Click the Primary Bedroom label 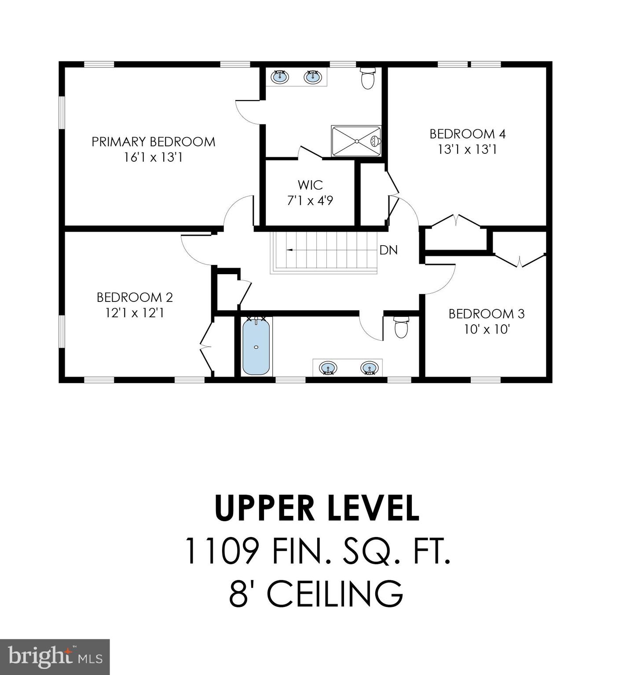pos(153,142)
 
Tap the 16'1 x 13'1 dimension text pos(153,157)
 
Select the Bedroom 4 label pos(467,134)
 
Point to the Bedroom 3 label pos(486,314)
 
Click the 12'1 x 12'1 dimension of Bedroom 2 pos(135,313)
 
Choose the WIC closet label pos(310,185)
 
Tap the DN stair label pos(388,250)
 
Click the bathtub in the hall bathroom pos(256,346)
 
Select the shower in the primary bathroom pos(356,141)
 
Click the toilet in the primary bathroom pos(367,78)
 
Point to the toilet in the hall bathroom pos(401,327)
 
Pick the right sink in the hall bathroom pos(369,367)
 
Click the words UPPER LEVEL pos(317,508)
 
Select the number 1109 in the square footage pos(221,551)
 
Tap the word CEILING pos(334,593)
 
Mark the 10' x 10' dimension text pos(486,329)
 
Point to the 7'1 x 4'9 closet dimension pos(310,201)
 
